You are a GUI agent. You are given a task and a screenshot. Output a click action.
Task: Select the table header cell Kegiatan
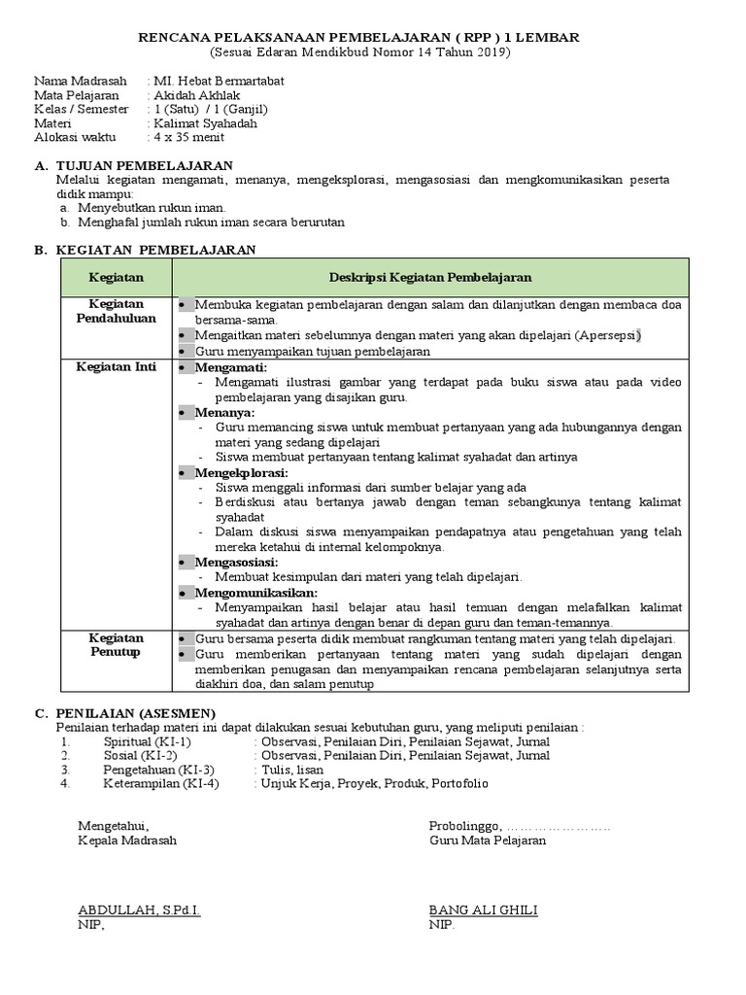click(116, 277)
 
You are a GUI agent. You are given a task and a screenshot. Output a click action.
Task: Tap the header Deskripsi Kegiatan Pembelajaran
click(429, 277)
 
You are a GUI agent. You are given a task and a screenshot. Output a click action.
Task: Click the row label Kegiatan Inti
click(116, 366)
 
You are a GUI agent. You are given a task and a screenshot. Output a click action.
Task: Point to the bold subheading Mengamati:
click(230, 368)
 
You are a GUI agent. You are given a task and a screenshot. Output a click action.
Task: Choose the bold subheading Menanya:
click(224, 412)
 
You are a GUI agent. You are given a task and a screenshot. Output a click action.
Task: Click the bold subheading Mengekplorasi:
click(241, 472)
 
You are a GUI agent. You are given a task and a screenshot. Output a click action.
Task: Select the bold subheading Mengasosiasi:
click(236, 562)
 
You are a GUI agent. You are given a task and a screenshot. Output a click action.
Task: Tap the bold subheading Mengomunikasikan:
click(255, 592)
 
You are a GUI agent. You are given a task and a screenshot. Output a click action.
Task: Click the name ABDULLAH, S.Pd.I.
click(139, 910)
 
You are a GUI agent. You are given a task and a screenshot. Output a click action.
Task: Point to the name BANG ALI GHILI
click(483, 910)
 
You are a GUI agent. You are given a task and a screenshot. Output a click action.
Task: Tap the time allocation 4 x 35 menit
click(189, 137)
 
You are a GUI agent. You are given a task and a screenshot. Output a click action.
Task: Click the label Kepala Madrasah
click(127, 841)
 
